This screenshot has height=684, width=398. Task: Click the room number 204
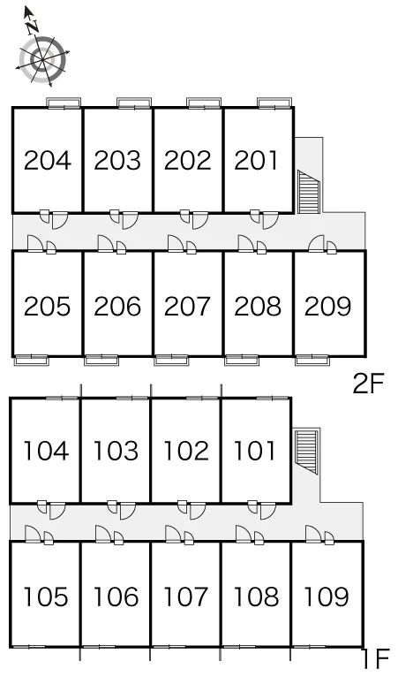click(x=47, y=160)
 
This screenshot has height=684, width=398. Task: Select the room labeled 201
click(x=256, y=160)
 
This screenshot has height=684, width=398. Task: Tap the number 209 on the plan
click(x=327, y=306)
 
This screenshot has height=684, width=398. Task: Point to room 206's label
click(x=117, y=306)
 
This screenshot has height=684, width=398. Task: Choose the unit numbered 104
click(x=46, y=451)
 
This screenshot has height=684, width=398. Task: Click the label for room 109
click(x=327, y=597)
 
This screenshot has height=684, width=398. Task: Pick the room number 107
click(x=186, y=597)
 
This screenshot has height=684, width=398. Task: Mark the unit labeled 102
click(x=186, y=451)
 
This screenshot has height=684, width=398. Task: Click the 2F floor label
click(x=368, y=384)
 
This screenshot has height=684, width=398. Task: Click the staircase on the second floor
click(x=309, y=192)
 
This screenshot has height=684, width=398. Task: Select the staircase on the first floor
click(x=305, y=452)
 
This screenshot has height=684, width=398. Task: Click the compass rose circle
click(x=43, y=59)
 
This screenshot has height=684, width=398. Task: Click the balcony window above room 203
click(x=134, y=103)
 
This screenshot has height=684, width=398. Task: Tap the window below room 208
click(x=242, y=361)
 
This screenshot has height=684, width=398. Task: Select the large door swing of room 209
click(x=317, y=243)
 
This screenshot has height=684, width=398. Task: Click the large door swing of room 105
click(x=34, y=534)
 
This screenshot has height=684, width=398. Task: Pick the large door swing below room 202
click(x=200, y=221)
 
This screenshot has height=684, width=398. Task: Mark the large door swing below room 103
click(x=128, y=511)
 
